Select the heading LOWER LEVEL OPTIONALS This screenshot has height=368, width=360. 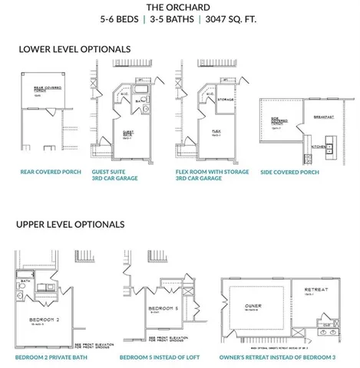(74, 49)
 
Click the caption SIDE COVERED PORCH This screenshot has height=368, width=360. (289, 172)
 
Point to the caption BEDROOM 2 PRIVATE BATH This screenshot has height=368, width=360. (51, 357)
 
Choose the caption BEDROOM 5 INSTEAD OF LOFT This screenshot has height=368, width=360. (159, 357)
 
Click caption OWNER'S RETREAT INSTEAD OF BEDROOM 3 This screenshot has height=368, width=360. (278, 357)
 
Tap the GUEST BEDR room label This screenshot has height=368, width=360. (128, 133)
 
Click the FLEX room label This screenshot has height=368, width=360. (216, 132)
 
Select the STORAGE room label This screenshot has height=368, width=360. (225, 99)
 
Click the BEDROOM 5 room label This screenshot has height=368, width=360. (157, 308)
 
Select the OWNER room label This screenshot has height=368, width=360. (253, 306)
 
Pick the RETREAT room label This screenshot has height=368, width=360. (315, 290)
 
